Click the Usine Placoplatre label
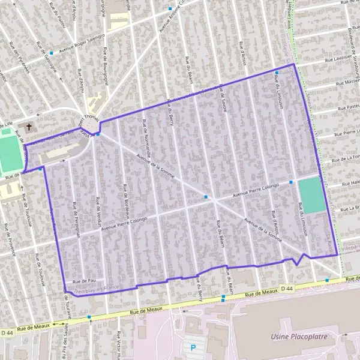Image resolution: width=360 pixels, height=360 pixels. pyautogui.click(x=299, y=337)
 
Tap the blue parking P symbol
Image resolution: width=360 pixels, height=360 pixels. pyautogui.click(x=193, y=347)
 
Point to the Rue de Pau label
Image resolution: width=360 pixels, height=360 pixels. pyautogui.click(x=84, y=280)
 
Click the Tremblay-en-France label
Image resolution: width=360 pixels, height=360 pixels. pyautogui.click(x=97, y=289)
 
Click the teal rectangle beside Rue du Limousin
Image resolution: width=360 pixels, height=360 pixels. pyautogui.click(x=311, y=194)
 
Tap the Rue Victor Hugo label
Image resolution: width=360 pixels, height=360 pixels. pyautogui.click(x=119, y=346)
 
